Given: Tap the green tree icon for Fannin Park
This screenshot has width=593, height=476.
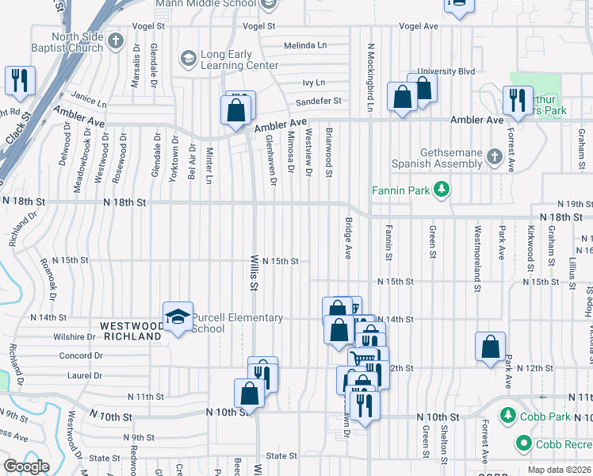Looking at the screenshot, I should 442,190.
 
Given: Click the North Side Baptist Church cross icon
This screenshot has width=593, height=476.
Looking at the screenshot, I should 117,41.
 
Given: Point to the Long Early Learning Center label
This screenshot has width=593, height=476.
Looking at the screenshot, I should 228,59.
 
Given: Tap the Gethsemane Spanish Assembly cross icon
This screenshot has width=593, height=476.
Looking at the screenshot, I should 494,156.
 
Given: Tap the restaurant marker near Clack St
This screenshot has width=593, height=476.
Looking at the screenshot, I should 18,80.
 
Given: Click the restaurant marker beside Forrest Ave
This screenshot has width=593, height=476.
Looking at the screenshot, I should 517,99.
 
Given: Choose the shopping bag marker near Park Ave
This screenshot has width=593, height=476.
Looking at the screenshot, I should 491,346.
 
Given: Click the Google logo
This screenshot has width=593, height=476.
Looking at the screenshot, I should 26,466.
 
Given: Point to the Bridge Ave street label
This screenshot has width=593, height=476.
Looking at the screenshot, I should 347,239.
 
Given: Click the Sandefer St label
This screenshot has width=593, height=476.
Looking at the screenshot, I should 318,102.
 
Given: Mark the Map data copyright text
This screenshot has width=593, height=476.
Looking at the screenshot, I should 559,470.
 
